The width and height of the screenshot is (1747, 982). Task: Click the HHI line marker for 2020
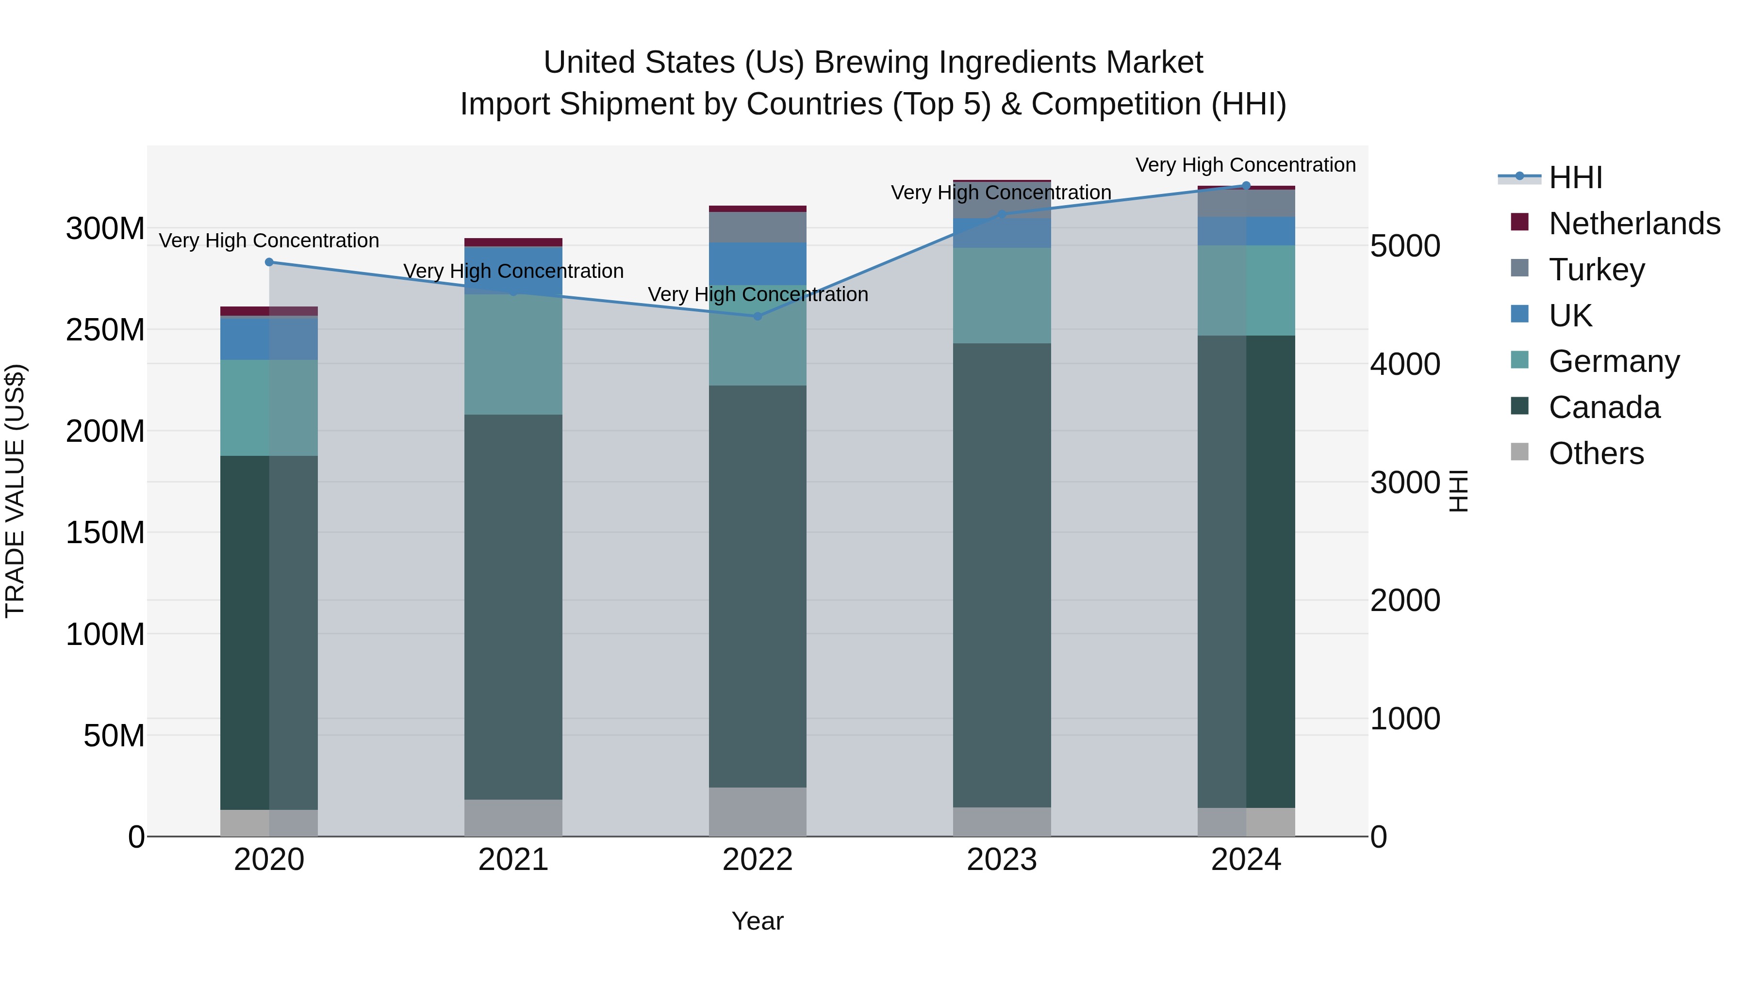pos(269,262)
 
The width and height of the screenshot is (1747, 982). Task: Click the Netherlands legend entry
pos(1634,224)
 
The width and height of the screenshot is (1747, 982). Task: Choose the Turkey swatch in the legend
pos(1520,268)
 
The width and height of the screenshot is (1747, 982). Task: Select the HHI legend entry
pos(1575,177)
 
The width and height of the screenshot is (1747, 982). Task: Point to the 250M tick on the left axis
pos(105,330)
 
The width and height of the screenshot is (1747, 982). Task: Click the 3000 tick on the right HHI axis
pos(1404,483)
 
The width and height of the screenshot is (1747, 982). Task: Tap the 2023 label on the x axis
pos(1002,860)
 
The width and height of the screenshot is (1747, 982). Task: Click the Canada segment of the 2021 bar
pos(513,607)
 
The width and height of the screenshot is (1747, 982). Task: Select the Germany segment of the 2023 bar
pos(1002,295)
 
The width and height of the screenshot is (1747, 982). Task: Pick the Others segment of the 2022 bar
pos(758,811)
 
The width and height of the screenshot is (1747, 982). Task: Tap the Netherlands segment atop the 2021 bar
pos(513,242)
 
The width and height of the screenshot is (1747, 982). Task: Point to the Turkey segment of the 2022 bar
pos(758,227)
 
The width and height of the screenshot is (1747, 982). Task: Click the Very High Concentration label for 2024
pos(1245,165)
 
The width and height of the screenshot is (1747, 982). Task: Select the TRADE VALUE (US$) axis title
pos(15,491)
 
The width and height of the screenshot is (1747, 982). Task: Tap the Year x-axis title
pos(758,921)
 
